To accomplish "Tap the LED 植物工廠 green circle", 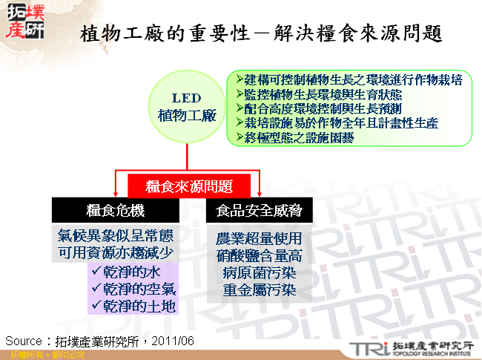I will pyautogui.click(x=186, y=108).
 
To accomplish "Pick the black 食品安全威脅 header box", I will pyautogui.click(x=259, y=211).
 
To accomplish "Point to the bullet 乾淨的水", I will pyautogui.click(x=132, y=272).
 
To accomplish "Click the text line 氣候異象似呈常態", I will pyautogui.click(x=115, y=236).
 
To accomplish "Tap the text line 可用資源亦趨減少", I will pyautogui.click(x=115, y=253).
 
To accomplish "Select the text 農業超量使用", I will pyautogui.click(x=259, y=239).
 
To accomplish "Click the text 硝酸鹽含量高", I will pyautogui.click(x=259, y=256).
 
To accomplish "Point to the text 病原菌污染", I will pyautogui.click(x=259, y=273).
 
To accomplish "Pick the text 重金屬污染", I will pyautogui.click(x=259, y=290).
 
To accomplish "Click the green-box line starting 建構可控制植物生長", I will pyautogui.click(x=349, y=80).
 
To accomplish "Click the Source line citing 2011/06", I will pyautogui.click(x=100, y=341).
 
